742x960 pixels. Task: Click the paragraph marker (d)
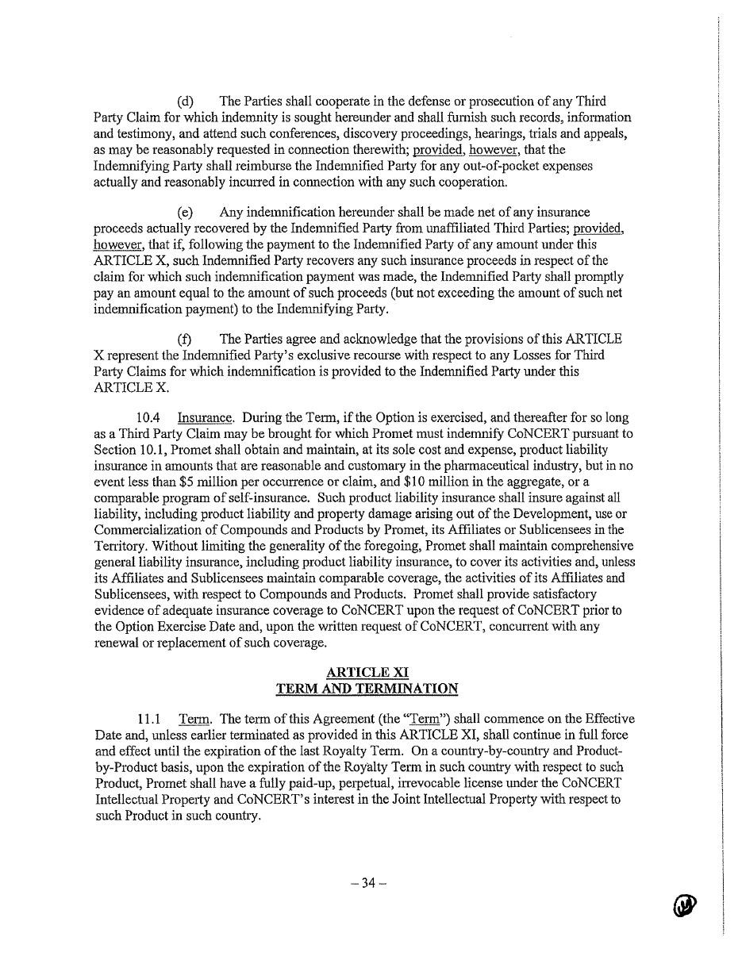tap(186, 102)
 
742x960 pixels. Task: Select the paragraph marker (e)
tap(186, 213)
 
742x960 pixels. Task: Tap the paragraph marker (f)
tap(185, 340)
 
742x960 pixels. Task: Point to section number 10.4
tap(149, 417)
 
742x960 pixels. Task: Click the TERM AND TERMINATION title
tap(367, 689)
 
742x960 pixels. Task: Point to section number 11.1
tap(149, 720)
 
